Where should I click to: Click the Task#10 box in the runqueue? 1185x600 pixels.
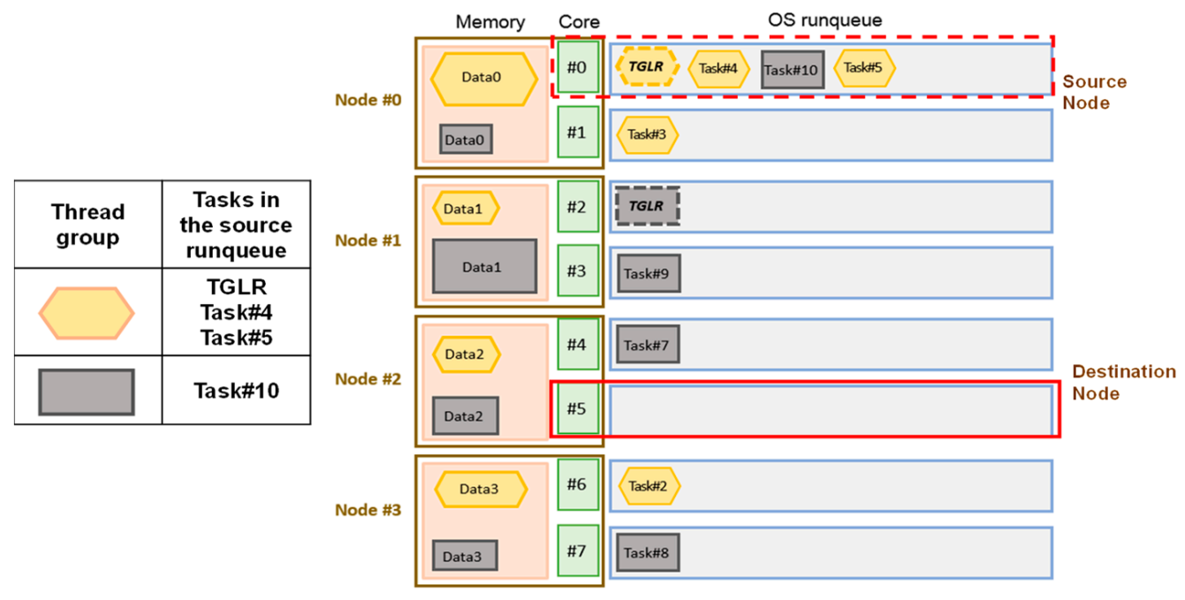792,70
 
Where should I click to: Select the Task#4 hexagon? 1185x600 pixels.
718,68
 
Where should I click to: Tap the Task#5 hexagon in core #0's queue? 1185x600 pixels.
864,67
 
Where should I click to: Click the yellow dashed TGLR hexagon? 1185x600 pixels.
646,66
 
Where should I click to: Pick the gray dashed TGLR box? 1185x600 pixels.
646,206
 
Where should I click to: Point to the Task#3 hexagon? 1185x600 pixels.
647,134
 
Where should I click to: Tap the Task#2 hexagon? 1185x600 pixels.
649,486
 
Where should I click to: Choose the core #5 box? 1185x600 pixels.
577,409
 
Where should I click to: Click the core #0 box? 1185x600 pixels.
577,67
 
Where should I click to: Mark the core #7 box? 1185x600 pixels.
577,551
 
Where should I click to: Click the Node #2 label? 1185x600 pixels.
368,379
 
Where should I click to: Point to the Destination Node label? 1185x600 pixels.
1122,383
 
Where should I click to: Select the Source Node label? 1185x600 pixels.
1094,92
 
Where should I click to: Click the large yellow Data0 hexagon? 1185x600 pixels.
483,78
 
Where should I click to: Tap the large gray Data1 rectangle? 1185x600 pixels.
484,266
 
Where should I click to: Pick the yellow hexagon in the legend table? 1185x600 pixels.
87,313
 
